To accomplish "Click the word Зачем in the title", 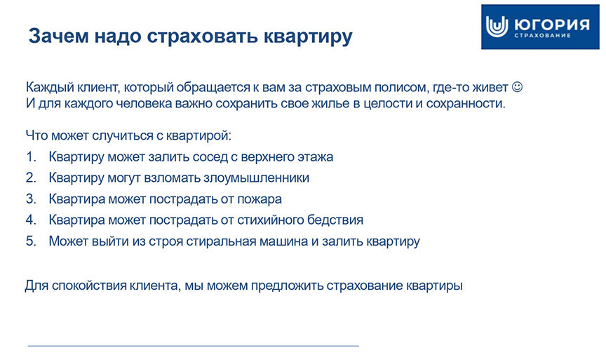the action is [58, 36].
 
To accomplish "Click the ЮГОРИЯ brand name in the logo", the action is [552, 24].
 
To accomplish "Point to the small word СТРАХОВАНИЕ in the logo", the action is [542, 36].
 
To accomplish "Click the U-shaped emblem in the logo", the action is [497, 27].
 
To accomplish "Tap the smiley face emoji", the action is [517, 86].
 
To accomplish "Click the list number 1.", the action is [31, 156].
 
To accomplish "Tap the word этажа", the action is [315, 157].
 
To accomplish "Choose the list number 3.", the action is [31, 199].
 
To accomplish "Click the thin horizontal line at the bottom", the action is [194, 346].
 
